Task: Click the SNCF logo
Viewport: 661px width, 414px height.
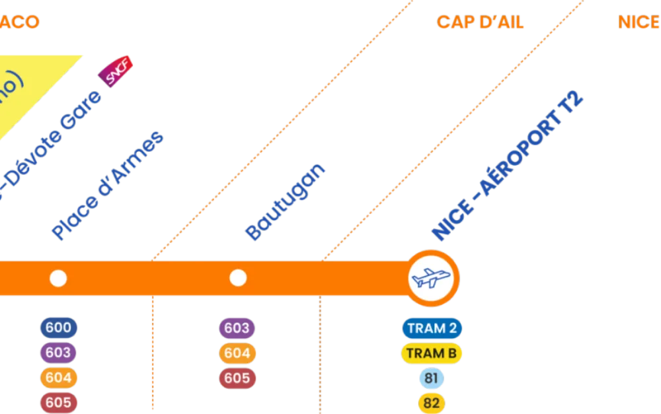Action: coord(116,71)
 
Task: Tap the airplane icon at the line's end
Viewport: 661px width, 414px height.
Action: coord(432,278)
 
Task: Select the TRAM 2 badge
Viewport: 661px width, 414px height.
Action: coord(432,328)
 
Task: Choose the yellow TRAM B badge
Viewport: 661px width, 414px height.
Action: coord(432,353)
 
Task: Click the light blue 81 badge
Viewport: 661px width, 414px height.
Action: coord(432,378)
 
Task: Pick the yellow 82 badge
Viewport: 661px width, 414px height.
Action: coord(432,403)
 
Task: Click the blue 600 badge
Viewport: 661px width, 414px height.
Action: coord(58,328)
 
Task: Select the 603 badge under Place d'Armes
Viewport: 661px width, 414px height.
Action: coord(58,353)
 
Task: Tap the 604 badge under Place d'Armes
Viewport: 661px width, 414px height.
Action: coord(58,378)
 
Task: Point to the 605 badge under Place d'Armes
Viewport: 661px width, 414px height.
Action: coord(58,402)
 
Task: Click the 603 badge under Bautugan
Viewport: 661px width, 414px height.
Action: coord(237,328)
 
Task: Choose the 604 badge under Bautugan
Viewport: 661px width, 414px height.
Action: coord(237,353)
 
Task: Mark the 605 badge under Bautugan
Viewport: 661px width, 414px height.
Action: coord(237,378)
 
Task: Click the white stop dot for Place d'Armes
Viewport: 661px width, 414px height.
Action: coord(58,279)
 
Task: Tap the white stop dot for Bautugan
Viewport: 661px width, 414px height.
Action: coord(238,278)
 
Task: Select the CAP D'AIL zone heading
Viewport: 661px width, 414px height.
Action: coord(481,23)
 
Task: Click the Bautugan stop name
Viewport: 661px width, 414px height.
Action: coord(285,201)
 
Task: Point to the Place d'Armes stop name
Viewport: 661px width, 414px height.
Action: coord(107,186)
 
